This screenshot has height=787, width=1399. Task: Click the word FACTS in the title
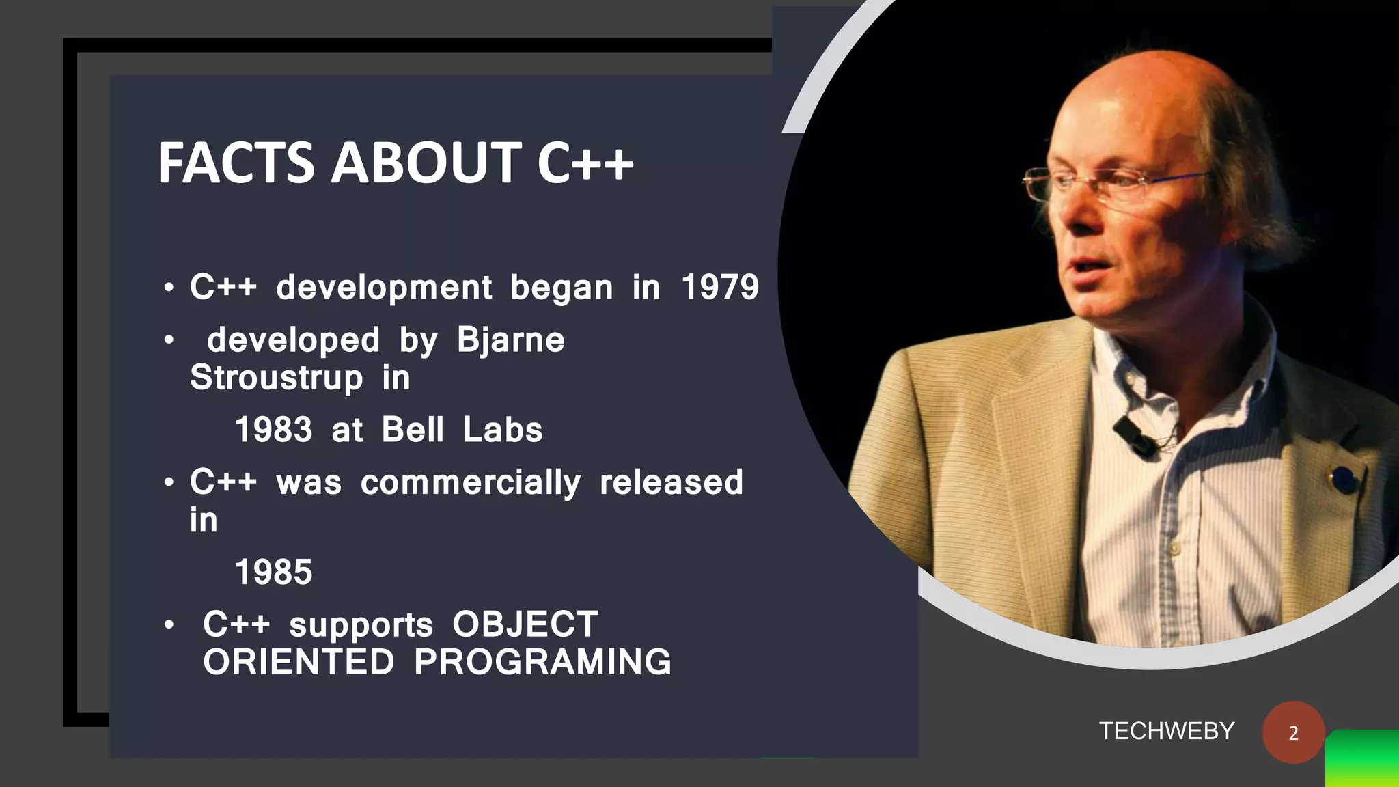[x=236, y=164]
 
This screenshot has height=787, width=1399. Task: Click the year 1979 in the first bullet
[x=720, y=287]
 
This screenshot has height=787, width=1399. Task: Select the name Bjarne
[x=510, y=340]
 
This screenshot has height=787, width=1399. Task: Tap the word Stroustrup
[x=276, y=378]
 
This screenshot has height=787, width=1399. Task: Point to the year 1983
[x=273, y=430]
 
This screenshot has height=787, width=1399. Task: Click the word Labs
[x=502, y=430]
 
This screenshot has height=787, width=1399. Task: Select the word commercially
[x=470, y=483]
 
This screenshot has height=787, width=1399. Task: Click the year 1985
[x=273, y=572]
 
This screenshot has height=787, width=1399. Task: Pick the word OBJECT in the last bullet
[x=525, y=624]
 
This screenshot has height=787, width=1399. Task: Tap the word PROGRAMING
[x=542, y=662]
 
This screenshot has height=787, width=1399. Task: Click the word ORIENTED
[x=299, y=662]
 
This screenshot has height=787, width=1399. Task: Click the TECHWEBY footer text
[x=1166, y=732]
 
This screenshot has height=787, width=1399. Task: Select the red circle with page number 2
[x=1293, y=732]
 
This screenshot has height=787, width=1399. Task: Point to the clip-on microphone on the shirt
[x=1134, y=437]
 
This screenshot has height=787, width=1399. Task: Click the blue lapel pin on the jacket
[x=1344, y=479]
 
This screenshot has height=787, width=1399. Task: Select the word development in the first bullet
[x=384, y=288]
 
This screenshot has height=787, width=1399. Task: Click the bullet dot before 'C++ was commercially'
[x=169, y=483]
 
